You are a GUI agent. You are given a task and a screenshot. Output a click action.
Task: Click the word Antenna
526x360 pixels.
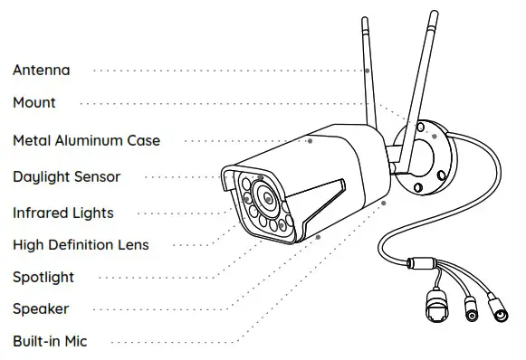[41, 70]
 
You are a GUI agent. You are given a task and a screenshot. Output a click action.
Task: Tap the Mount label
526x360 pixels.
[33, 103]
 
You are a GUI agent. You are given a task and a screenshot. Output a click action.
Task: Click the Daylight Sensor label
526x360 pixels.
[66, 176]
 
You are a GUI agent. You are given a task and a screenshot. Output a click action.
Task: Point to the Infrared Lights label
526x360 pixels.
[63, 213]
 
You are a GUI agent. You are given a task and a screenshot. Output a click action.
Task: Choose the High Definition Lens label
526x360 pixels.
[81, 244]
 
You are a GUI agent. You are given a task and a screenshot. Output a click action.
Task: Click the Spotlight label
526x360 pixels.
[43, 277]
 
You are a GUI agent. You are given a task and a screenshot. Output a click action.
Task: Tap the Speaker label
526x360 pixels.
[41, 309]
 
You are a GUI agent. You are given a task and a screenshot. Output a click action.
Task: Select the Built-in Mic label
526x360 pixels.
[50, 342]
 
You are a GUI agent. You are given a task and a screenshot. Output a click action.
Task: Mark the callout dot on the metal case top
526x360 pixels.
[310, 140]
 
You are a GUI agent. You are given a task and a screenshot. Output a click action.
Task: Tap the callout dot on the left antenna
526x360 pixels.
[368, 70]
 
